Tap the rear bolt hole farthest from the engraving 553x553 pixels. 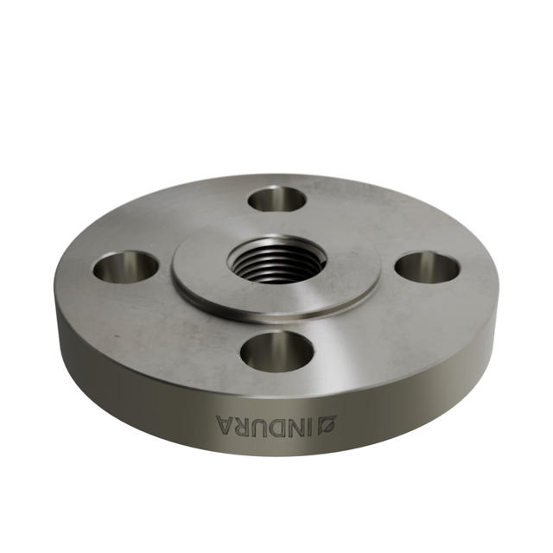coord(276,199)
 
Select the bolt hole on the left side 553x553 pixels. coord(125,267)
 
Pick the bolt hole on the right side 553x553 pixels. coord(427,268)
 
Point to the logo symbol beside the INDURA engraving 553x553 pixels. coord(329,424)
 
